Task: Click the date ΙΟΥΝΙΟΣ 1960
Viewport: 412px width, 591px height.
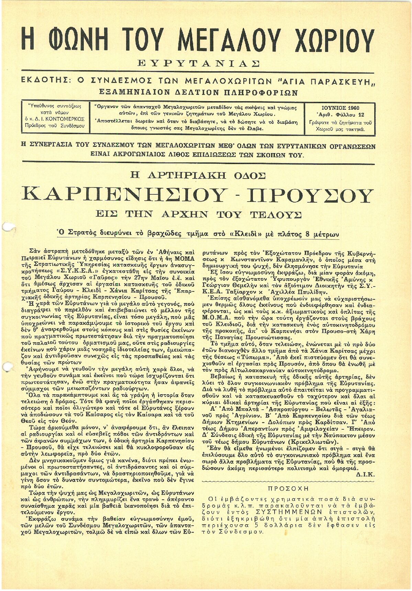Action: pos(341,108)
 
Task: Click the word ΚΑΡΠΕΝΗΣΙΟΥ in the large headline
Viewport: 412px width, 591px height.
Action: pos(122,195)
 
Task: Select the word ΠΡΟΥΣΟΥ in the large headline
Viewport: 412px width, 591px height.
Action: pos(310,195)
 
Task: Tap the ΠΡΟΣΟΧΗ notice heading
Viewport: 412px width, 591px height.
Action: pos(288,488)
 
